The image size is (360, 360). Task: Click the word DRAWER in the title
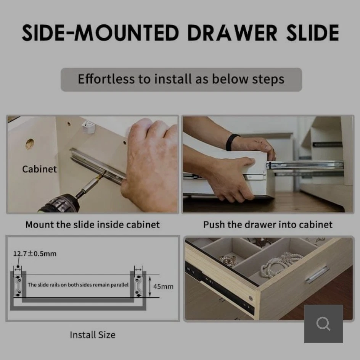232,33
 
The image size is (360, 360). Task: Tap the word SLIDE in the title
313,33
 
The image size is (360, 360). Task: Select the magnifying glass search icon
323,324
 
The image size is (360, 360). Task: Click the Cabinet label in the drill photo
40,169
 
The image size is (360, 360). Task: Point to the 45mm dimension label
163,286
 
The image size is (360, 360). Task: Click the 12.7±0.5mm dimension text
35,253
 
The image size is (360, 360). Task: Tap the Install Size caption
93,335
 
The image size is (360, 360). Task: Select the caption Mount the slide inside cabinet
93,224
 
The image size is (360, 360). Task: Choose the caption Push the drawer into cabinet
268,224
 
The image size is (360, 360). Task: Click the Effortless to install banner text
181,79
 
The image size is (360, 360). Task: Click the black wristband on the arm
231,142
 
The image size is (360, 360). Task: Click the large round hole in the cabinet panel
30,144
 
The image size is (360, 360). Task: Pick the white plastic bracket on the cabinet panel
88,127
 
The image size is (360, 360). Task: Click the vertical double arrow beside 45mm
150,286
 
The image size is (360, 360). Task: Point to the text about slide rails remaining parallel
78,285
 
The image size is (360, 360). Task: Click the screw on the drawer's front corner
251,299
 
